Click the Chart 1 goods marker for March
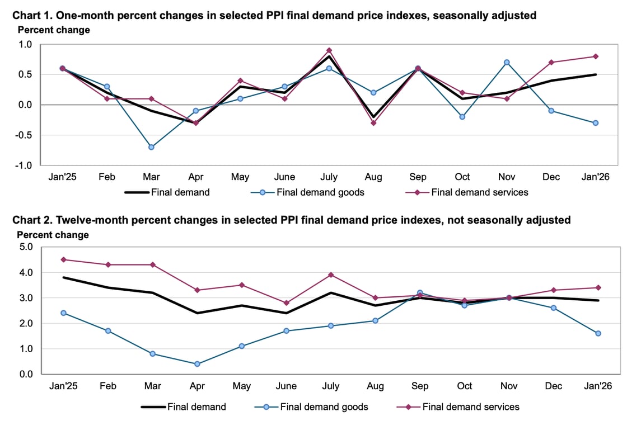(151, 147)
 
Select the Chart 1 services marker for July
(329, 50)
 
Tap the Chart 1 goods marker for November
(507, 62)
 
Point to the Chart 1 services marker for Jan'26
(596, 56)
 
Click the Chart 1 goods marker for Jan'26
(596, 123)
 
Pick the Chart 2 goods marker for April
(196, 364)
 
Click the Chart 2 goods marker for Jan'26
(598, 333)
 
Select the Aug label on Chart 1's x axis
(373, 177)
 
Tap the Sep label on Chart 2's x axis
(420, 386)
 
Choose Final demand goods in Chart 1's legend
(321, 192)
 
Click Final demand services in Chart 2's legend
(471, 406)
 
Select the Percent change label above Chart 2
(53, 235)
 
